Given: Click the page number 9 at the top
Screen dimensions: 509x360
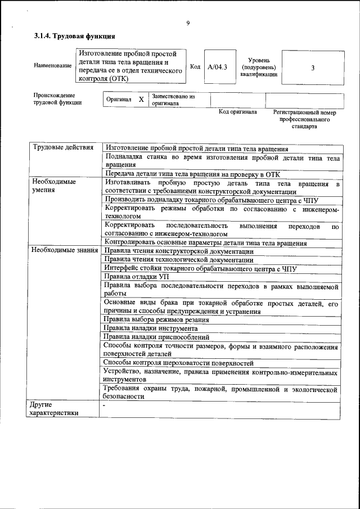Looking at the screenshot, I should (188, 23).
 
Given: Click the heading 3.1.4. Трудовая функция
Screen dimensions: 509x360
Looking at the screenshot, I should (74, 36).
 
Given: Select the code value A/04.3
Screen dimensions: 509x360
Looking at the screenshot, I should (217, 67).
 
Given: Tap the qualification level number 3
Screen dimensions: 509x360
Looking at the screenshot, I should (312, 67).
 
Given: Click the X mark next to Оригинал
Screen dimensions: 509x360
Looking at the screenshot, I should (141, 100).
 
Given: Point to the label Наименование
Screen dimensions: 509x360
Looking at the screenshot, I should (53, 66).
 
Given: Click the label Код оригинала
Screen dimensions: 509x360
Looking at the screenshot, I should (237, 112).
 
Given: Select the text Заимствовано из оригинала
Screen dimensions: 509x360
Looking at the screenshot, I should (173, 100).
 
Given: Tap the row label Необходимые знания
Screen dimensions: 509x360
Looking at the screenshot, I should (65, 250).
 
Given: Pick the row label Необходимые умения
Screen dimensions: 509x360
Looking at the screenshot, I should (54, 186).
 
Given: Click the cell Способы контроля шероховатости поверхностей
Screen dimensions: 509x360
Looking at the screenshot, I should (179, 363).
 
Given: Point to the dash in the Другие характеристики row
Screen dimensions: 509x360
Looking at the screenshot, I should (104, 405).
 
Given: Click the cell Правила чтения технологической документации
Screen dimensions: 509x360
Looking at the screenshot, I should (178, 260).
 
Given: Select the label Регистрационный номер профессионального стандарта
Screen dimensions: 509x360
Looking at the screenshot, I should (304, 119).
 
